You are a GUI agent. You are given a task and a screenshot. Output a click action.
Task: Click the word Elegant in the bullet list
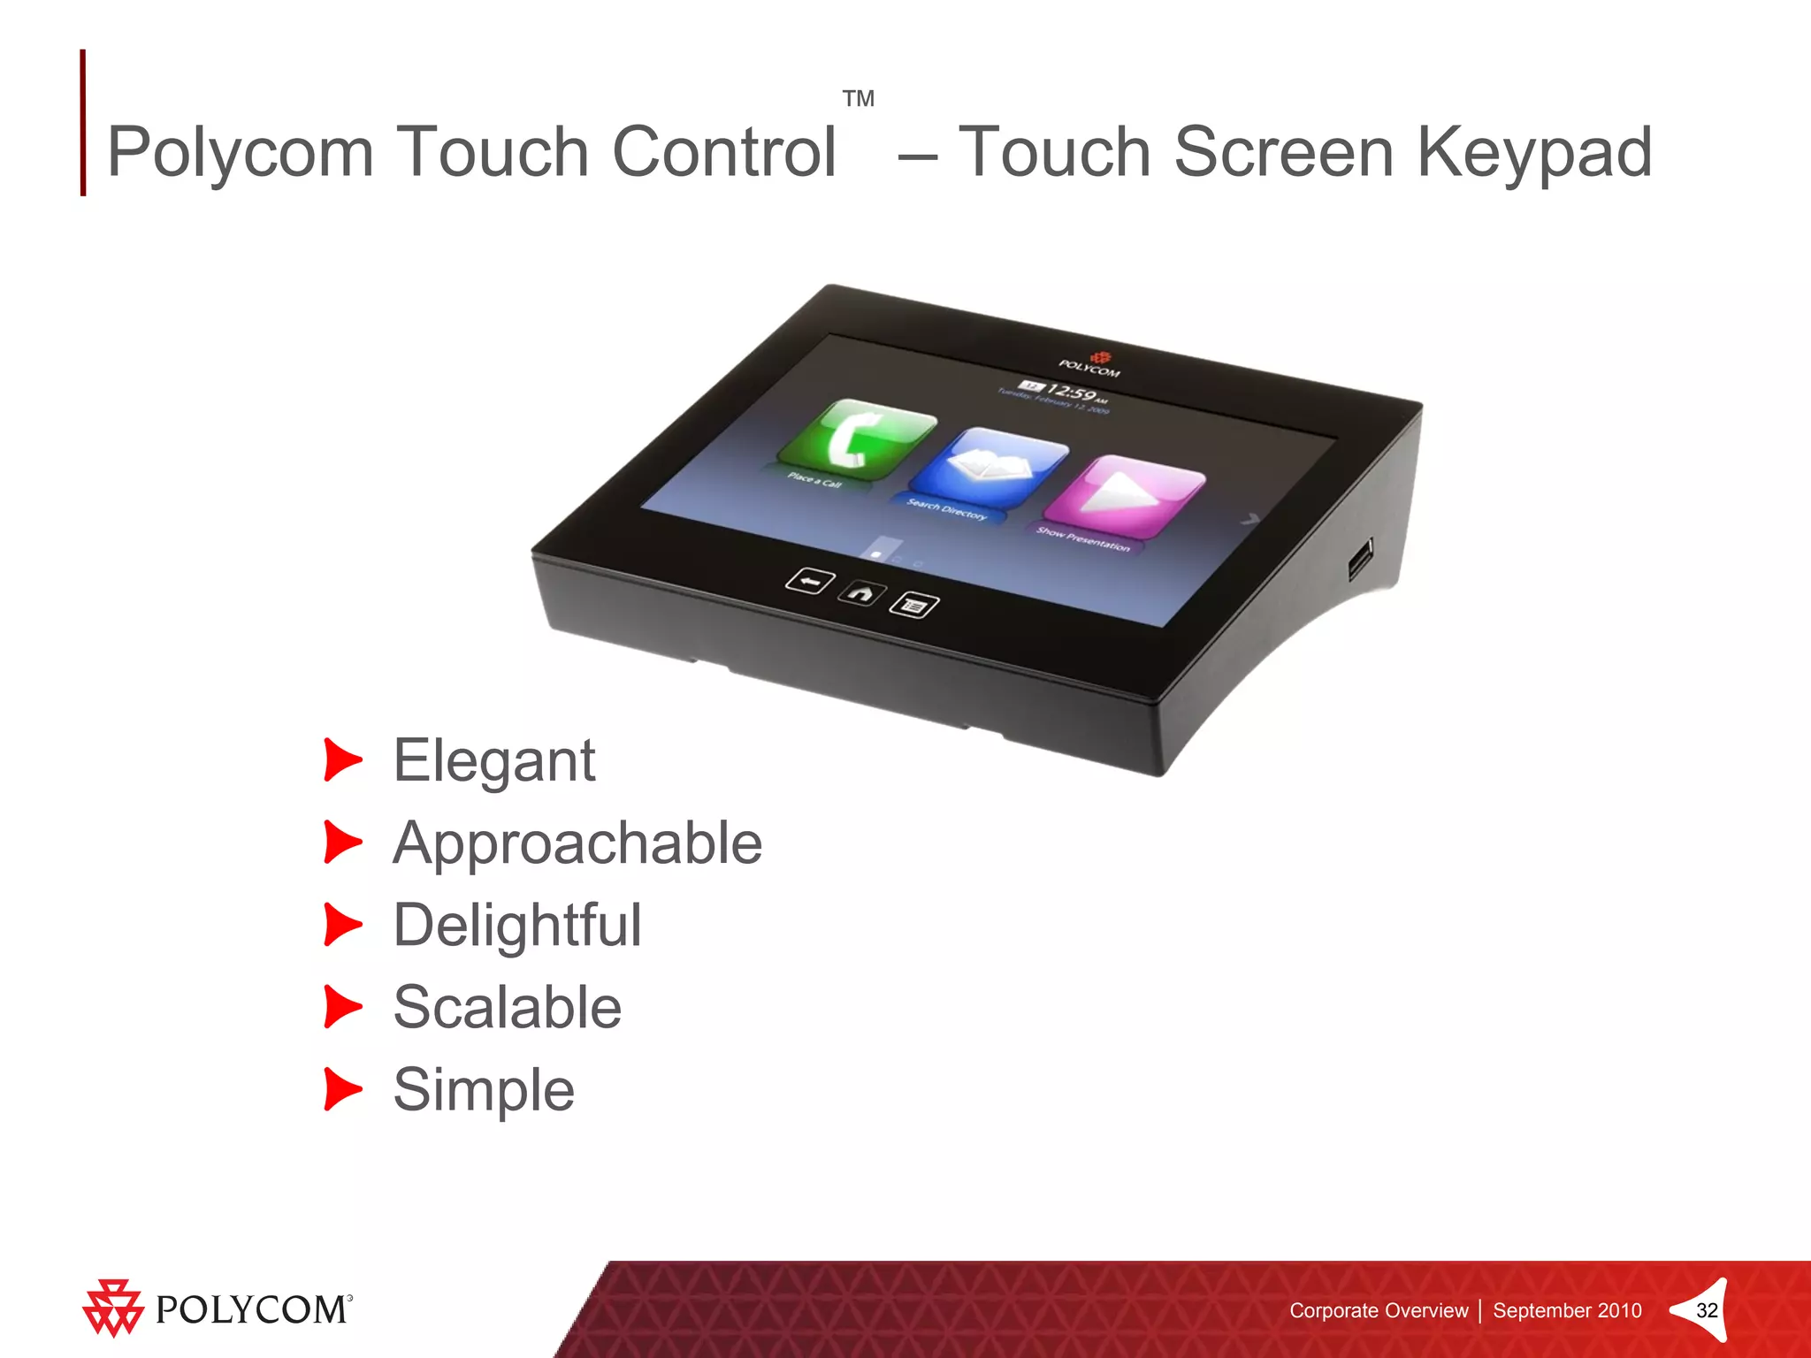point(493,761)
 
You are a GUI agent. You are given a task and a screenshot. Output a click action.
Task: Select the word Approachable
point(577,843)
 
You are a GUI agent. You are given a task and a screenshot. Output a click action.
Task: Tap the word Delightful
point(517,926)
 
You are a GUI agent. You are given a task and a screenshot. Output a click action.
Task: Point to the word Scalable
point(507,1008)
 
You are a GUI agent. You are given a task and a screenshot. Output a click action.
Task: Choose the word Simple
point(484,1090)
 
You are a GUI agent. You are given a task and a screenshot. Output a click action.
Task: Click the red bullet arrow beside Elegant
point(342,760)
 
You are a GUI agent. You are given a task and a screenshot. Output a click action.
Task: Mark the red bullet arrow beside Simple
point(342,1089)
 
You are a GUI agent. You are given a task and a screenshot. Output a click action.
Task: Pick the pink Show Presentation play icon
point(1125,494)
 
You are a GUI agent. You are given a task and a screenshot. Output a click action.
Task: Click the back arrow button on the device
point(810,581)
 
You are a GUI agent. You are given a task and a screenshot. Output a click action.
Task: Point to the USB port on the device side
point(1360,559)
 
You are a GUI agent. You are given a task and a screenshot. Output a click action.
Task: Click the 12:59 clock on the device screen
point(1071,392)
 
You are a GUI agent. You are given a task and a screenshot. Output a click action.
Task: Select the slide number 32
point(1707,1310)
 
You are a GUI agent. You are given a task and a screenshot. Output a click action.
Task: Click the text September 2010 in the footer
point(1567,1310)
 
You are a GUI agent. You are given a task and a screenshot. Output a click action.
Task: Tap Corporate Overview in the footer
point(1378,1310)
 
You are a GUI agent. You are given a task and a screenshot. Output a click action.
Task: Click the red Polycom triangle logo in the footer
point(112,1308)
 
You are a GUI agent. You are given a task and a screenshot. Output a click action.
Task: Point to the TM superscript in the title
point(858,98)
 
